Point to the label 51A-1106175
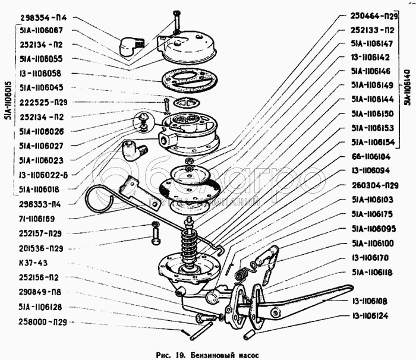[x=370, y=213]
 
